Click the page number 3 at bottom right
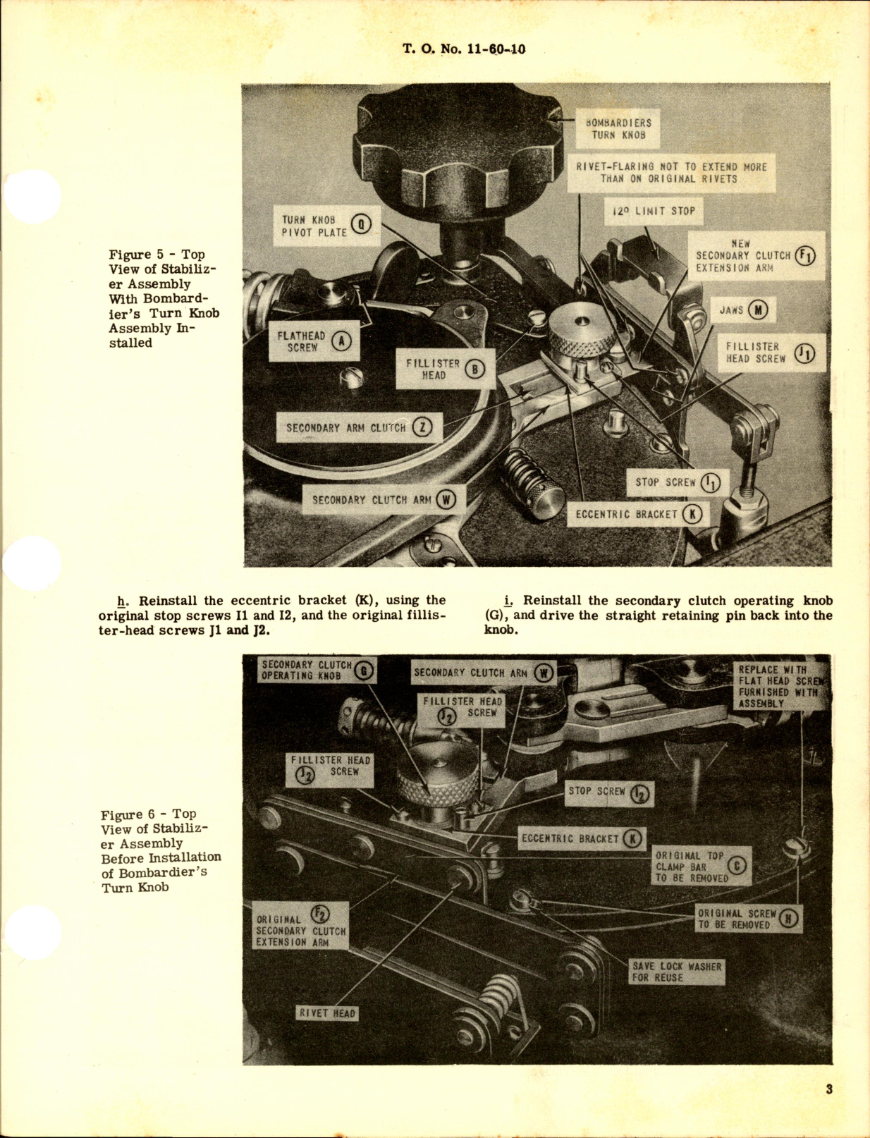(829, 1089)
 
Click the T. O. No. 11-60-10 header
(464, 49)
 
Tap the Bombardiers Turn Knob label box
(618, 128)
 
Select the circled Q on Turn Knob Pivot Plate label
(361, 225)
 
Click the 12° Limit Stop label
(654, 211)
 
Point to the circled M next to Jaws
(758, 310)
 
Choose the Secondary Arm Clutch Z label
(359, 428)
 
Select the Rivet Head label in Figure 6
(327, 1013)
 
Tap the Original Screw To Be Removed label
(749, 919)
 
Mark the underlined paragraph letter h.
(122, 601)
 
